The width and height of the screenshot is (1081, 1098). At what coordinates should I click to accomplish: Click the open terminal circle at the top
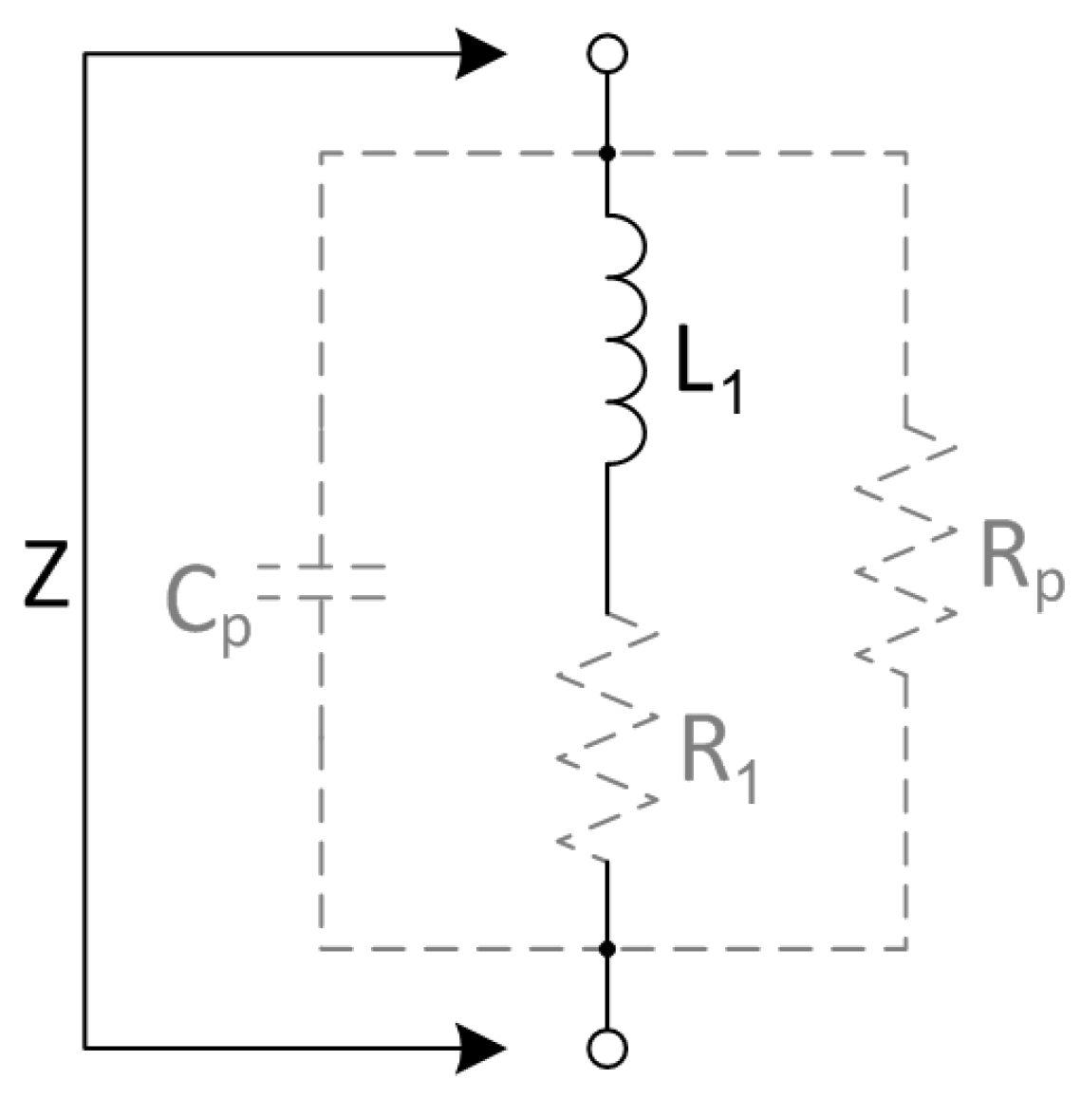point(607,54)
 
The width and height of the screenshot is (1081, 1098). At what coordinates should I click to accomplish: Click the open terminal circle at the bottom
point(607,1048)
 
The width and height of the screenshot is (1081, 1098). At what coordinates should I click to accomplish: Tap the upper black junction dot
point(607,153)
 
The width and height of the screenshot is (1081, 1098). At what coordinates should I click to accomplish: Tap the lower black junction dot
point(607,948)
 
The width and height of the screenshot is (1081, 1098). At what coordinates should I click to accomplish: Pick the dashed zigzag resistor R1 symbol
point(607,735)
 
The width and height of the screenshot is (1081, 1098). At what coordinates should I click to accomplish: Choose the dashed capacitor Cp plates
point(321,582)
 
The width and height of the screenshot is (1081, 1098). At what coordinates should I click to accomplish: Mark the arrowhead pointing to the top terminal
point(482,54)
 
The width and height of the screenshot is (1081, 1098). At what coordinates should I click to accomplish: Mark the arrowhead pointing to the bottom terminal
point(482,1049)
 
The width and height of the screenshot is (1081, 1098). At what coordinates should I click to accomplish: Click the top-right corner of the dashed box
point(905,153)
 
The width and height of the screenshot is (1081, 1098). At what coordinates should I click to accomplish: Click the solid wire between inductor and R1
point(607,536)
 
